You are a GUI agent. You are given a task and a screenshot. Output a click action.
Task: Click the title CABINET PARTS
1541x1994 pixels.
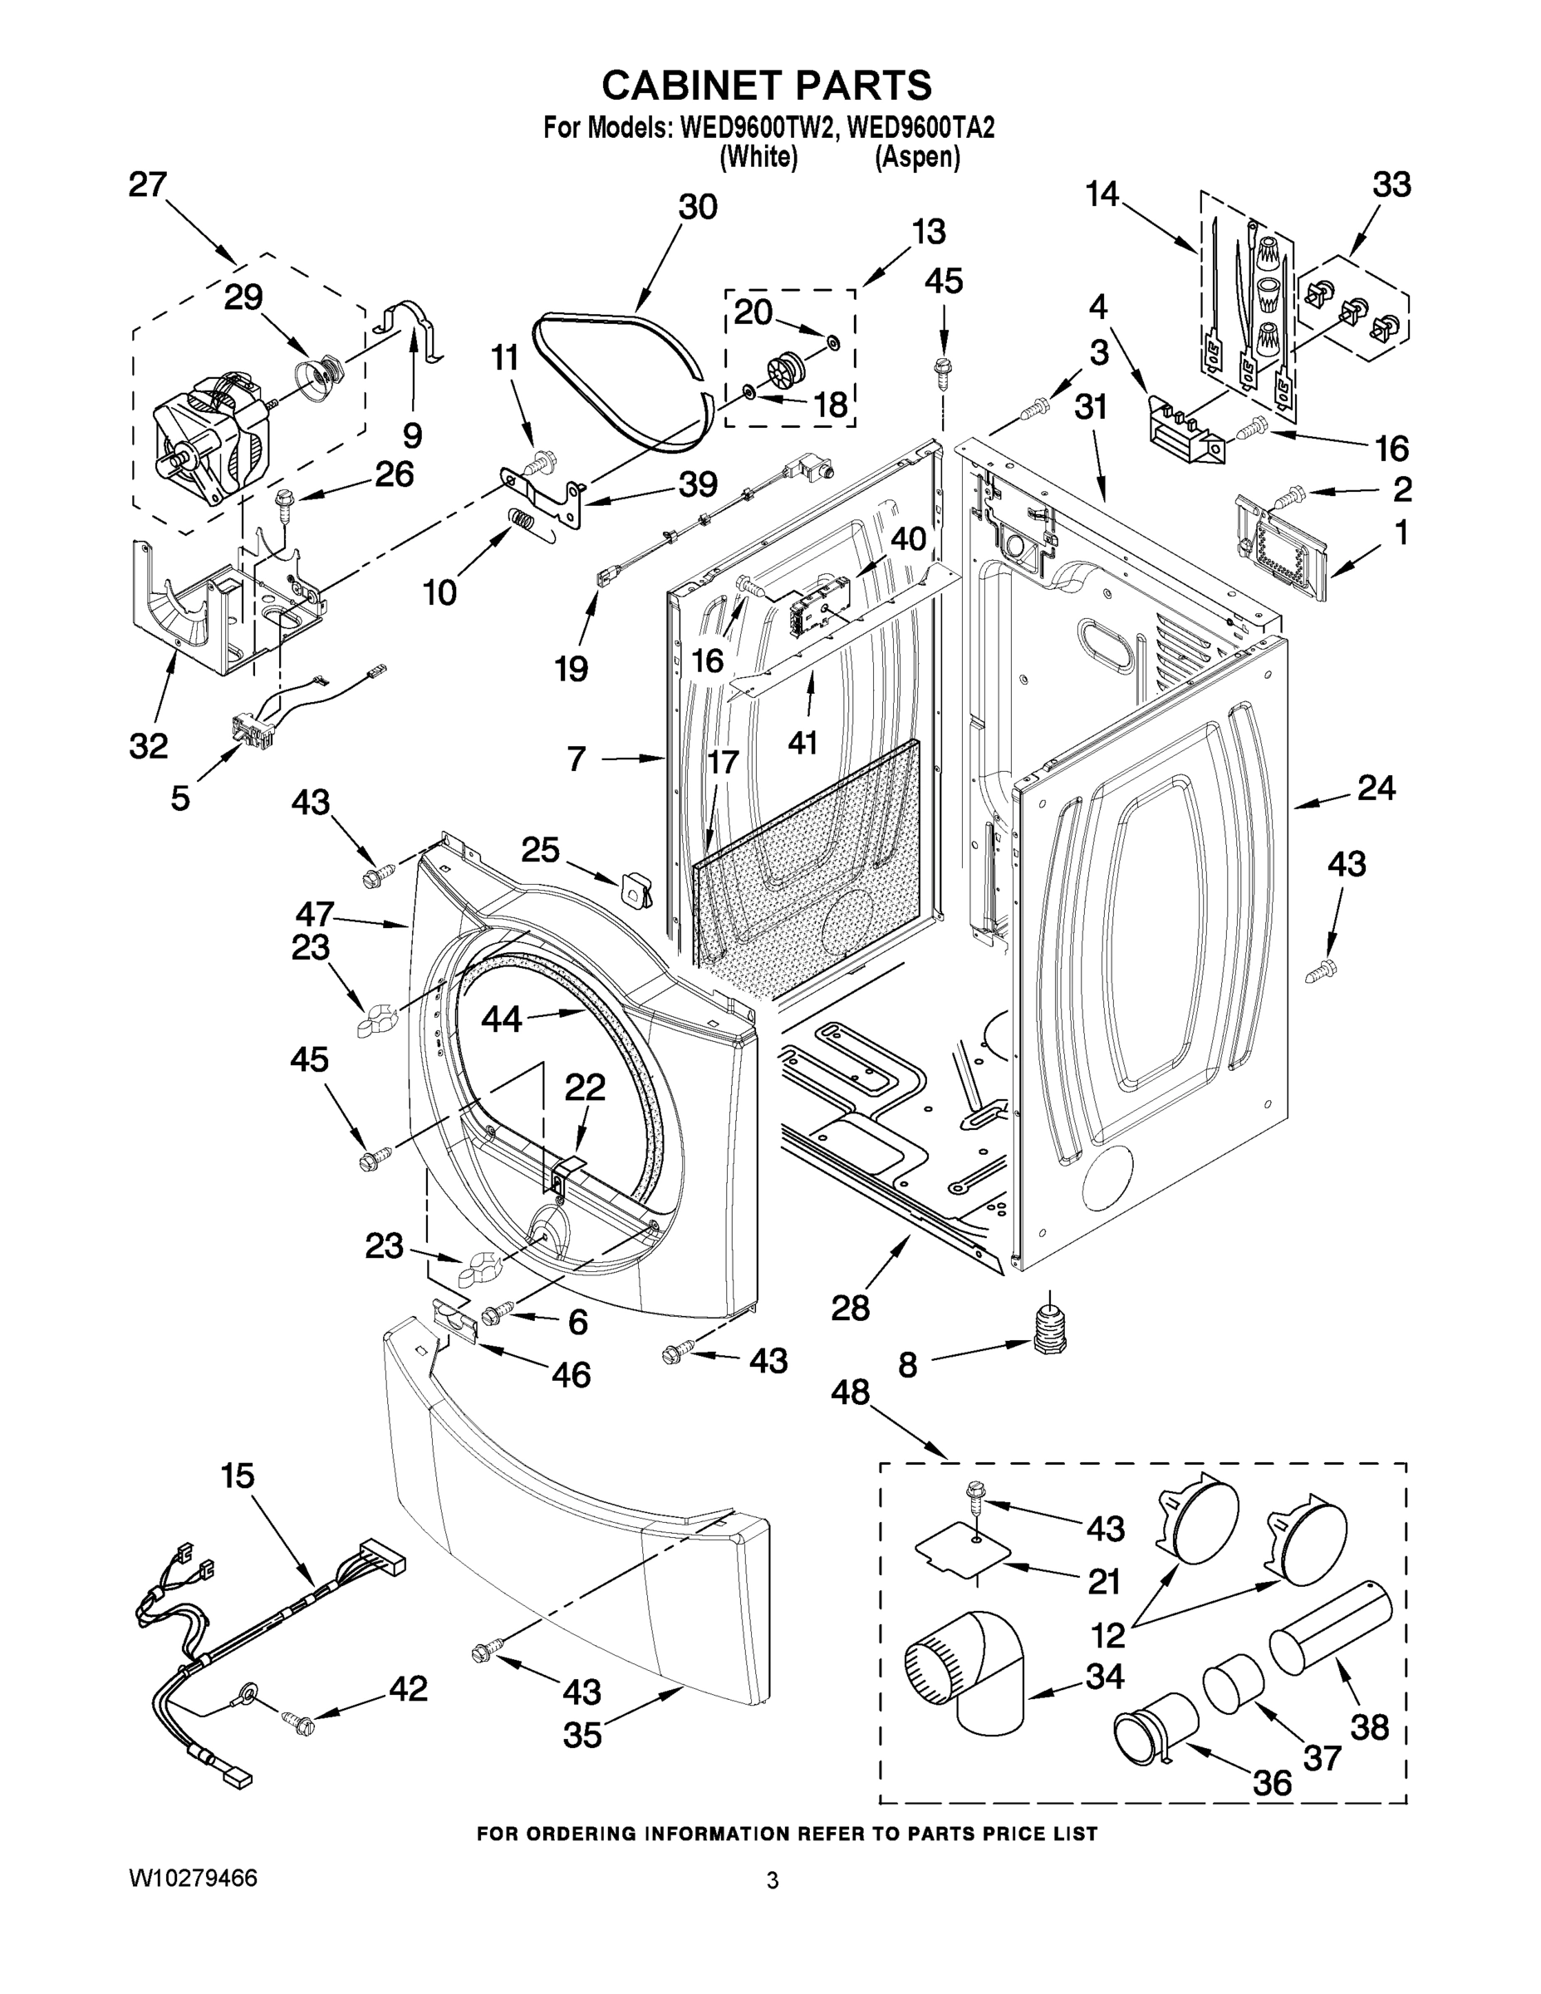pos(766,85)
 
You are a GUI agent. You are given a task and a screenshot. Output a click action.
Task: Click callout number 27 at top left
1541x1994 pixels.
pos(148,185)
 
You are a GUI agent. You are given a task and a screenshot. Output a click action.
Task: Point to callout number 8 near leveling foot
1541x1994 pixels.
pos(907,1365)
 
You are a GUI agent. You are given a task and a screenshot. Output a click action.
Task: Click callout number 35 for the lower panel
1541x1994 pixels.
pos(582,1735)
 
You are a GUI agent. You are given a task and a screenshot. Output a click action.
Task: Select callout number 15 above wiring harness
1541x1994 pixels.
pos(238,1476)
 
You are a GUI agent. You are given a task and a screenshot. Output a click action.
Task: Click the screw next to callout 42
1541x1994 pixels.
pos(298,1724)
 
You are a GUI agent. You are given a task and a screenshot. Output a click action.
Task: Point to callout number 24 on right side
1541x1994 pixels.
pos(1376,788)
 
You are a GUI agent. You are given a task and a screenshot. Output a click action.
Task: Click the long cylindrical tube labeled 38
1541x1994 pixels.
pos(1329,1628)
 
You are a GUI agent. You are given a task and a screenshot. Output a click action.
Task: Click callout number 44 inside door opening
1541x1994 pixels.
pos(501,1019)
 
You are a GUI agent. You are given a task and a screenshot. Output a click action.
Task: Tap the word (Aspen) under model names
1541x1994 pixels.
pos(917,158)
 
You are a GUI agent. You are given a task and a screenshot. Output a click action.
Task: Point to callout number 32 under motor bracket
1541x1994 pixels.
pos(149,746)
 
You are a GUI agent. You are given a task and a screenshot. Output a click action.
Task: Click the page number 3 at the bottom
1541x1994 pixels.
pos(773,1881)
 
